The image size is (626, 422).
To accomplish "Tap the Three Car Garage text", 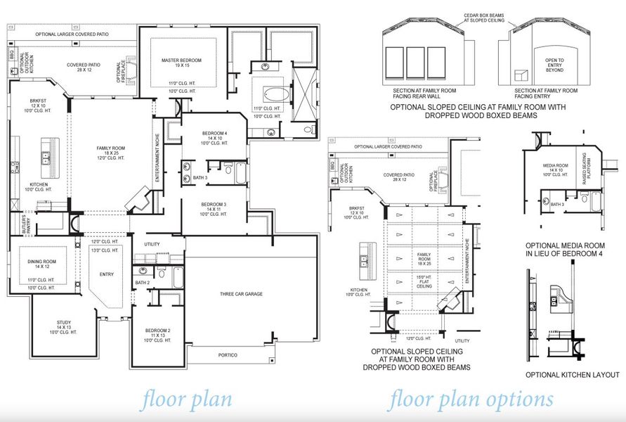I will click(241, 294).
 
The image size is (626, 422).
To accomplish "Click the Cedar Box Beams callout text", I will click(483, 18).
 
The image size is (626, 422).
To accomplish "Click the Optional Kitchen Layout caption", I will click(573, 375).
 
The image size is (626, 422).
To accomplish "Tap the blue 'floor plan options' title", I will click(470, 399).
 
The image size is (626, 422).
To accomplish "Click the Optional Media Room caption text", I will click(566, 248).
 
